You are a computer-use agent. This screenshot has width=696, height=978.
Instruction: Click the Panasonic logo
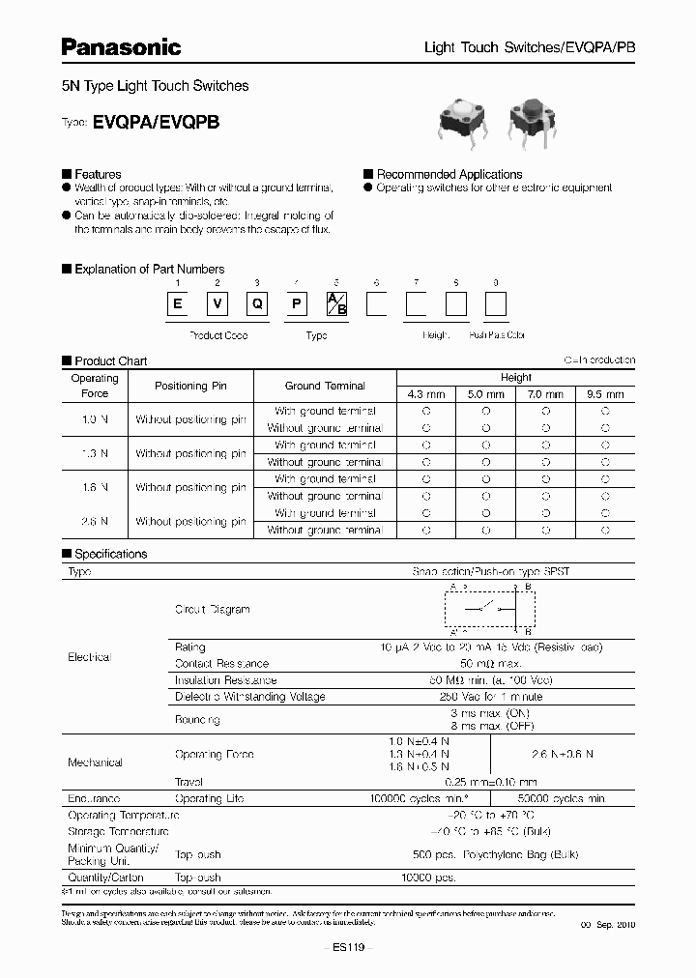point(122,46)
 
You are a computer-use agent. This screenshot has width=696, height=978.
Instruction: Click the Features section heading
point(98,175)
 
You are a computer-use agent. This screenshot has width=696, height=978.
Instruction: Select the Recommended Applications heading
point(449,175)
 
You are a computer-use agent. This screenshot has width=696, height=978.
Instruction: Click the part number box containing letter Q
point(257,306)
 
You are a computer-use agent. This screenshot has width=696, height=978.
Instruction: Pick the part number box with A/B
point(334,306)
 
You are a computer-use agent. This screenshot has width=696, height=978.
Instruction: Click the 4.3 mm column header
point(426,394)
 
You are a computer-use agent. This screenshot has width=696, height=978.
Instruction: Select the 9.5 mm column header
point(605,394)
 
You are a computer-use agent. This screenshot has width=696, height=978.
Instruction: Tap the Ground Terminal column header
point(325,386)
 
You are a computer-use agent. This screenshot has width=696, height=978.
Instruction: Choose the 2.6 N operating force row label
point(95,521)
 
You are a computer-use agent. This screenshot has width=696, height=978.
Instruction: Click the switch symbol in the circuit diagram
point(483,607)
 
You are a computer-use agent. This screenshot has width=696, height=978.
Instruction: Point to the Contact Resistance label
point(221,664)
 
